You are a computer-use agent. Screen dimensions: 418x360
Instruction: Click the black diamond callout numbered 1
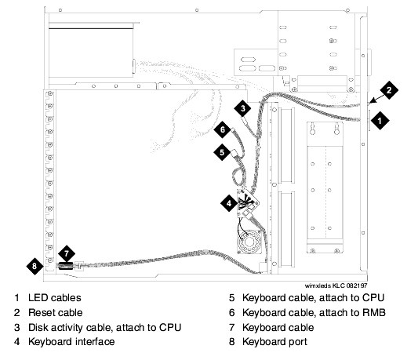(380, 121)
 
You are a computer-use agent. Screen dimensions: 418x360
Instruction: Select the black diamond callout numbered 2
(389, 90)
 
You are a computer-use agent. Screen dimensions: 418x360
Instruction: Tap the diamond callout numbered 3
(242, 108)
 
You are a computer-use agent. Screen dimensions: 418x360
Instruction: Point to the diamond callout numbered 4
(229, 203)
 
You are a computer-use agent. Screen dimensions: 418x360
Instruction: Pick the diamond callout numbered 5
(222, 152)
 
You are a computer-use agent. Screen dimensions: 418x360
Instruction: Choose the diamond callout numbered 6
(222, 129)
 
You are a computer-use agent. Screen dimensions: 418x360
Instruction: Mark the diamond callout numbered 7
(67, 253)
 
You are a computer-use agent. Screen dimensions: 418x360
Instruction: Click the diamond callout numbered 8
(35, 266)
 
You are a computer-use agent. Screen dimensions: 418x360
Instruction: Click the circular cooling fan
(249, 242)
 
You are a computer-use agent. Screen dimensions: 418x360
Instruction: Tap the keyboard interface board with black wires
(248, 202)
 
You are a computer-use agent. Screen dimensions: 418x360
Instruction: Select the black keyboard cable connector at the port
(66, 266)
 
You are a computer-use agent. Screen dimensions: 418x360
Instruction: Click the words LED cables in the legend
(55, 297)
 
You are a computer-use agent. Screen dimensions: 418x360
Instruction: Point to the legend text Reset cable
(56, 312)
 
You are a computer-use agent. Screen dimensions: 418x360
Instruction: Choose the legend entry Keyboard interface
(71, 342)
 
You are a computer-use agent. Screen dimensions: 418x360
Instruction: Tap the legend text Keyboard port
(274, 342)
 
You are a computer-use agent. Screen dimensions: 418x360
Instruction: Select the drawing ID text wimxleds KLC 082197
(336, 285)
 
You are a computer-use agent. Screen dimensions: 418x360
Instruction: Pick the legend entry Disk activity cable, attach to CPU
(105, 328)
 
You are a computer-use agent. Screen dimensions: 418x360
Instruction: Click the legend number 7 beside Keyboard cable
(232, 328)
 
